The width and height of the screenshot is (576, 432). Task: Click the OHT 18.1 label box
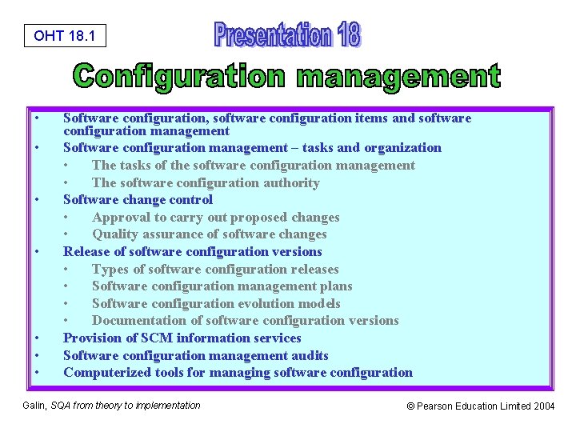(65, 36)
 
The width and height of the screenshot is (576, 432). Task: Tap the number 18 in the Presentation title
(348, 34)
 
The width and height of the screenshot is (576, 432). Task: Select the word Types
(109, 269)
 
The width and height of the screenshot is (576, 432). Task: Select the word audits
(310, 355)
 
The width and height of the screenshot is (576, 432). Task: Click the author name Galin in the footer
(34, 406)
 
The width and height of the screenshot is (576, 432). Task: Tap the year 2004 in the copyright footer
(543, 406)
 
